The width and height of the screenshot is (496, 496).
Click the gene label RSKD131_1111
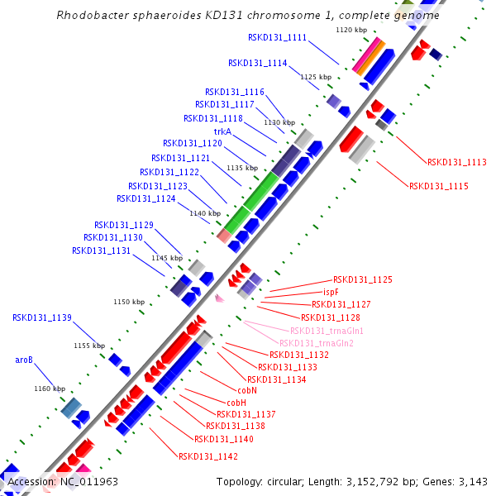(277, 38)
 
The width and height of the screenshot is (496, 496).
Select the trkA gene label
(222, 131)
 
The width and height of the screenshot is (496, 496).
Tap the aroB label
(24, 360)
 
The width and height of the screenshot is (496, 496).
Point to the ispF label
(331, 293)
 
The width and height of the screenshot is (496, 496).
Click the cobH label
(226, 403)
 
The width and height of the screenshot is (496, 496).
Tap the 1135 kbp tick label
(241, 168)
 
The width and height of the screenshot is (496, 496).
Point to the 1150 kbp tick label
(128, 302)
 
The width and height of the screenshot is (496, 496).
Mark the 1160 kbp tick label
(49, 389)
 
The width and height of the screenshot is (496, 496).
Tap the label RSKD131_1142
(208, 456)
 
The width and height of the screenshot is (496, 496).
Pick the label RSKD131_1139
(42, 317)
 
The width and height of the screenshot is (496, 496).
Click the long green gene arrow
(253, 202)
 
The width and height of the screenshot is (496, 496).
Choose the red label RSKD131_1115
(438, 187)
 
